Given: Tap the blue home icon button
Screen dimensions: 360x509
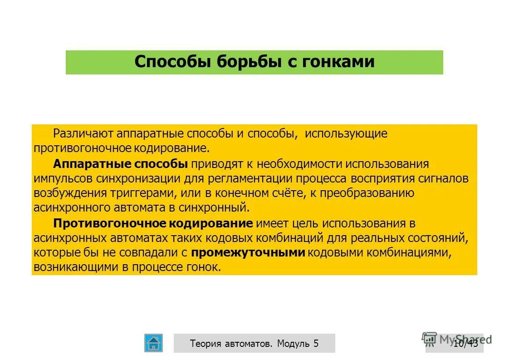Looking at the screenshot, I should [153, 343].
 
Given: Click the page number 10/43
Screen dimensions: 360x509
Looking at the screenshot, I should [465, 343].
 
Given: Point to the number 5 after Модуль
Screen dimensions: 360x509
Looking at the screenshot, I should [316, 344].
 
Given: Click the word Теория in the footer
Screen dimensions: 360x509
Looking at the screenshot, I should [206, 344].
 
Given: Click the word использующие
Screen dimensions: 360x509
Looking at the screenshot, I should [346, 134].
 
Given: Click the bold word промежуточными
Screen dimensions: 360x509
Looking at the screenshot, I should [248, 253].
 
